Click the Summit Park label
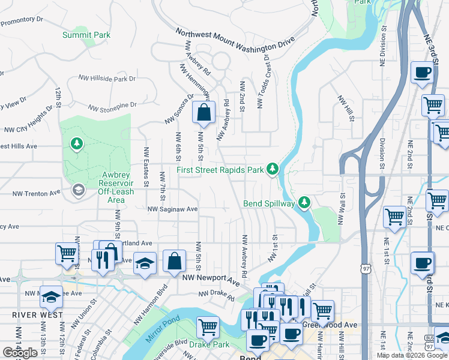pyautogui.click(x=86, y=35)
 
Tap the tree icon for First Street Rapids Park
pyautogui.click(x=273, y=169)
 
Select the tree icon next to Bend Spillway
pyautogui.click(x=305, y=203)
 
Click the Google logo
pyautogui.click(x=20, y=353)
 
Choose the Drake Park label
pyautogui.click(x=209, y=345)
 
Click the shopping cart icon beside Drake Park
pyautogui.click(x=208, y=328)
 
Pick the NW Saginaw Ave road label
pyautogui.click(x=173, y=209)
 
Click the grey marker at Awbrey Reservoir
pyautogui.click(x=77, y=190)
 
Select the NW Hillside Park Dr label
pyautogui.click(x=109, y=79)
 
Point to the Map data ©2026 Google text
pyautogui.click(x=412, y=355)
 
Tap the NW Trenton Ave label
pyautogui.click(x=37, y=193)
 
